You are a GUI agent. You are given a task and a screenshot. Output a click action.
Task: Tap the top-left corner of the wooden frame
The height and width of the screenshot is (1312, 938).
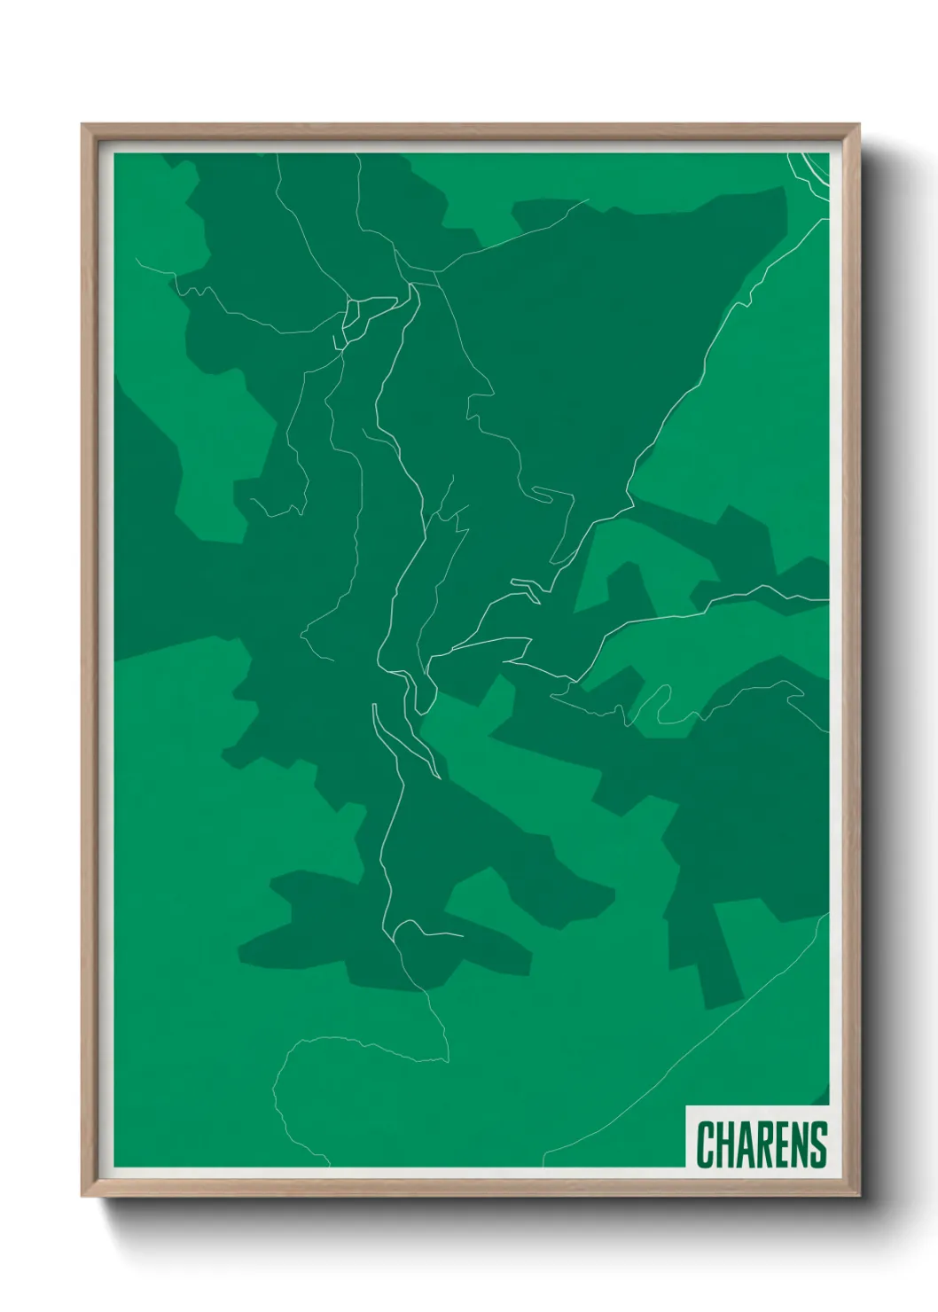click(84, 127)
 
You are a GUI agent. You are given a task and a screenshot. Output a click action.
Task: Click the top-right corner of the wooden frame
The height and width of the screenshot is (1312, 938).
click(856, 127)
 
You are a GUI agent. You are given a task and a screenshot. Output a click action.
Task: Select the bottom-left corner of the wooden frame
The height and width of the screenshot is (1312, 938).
click(84, 1193)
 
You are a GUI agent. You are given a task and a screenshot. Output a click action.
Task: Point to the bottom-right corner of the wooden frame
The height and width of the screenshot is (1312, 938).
click(856, 1193)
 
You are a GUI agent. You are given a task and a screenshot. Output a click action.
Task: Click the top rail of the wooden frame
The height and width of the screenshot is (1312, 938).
click(470, 132)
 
